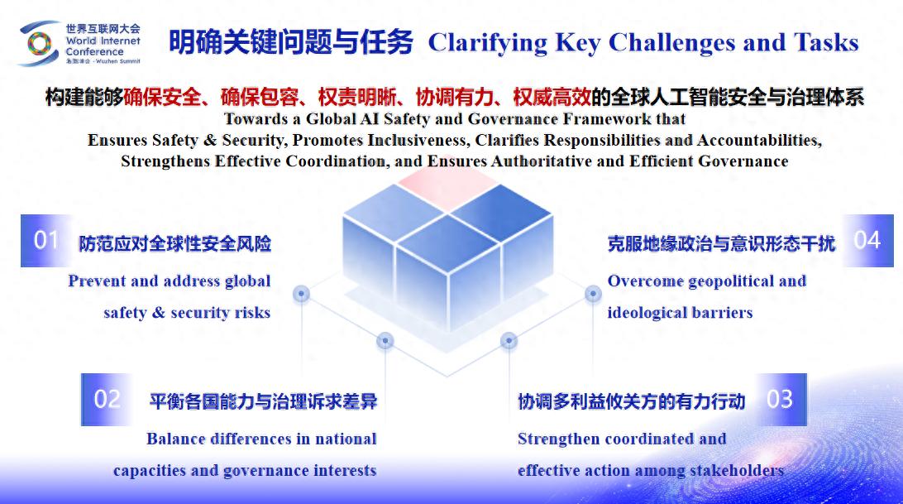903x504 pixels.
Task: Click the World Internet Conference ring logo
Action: point(38,44)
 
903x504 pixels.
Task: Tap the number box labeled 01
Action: point(46,241)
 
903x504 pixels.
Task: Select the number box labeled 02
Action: point(107,400)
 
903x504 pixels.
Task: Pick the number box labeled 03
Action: point(781,400)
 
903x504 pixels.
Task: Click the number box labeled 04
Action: point(868,241)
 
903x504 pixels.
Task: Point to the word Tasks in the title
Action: point(826,43)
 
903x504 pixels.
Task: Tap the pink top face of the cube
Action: point(447,190)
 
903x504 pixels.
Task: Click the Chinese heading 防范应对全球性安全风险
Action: point(175,244)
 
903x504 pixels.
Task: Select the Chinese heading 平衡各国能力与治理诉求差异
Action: point(263,401)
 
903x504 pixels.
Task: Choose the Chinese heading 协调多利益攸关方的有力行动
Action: point(632,401)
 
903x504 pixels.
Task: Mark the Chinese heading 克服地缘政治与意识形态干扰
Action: point(721,244)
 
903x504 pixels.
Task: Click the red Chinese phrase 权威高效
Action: point(552,97)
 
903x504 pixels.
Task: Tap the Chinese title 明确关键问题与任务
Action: point(291,42)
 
